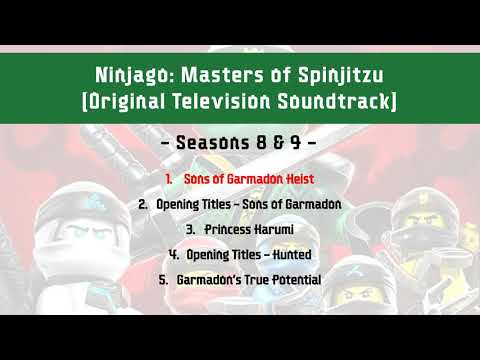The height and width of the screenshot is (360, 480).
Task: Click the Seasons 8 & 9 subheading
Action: (240, 143)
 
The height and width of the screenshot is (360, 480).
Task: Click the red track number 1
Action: (170, 178)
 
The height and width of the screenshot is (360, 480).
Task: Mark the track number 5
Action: (162, 280)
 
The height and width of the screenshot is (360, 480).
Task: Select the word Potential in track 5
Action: (293, 280)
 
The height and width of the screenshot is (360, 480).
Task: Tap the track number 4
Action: (174, 255)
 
